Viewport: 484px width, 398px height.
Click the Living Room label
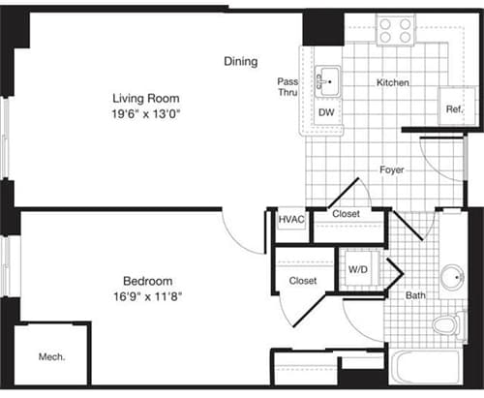coord(146,98)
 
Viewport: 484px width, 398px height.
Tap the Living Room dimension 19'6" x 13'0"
coord(146,114)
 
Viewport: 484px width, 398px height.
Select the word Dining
coord(241,62)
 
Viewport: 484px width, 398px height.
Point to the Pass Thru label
coord(287,87)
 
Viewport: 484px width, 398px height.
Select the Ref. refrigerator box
coord(453,109)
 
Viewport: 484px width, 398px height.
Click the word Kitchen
coord(392,83)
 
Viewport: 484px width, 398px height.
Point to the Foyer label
coord(391,170)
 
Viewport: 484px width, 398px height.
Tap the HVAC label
coord(290,220)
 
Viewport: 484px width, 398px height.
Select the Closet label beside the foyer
coord(346,214)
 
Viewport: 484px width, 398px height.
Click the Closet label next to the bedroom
coord(302,281)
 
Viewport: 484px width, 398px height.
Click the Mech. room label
coord(51,357)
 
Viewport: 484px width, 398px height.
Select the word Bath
coord(415,294)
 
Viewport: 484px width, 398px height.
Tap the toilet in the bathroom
coord(447,323)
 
